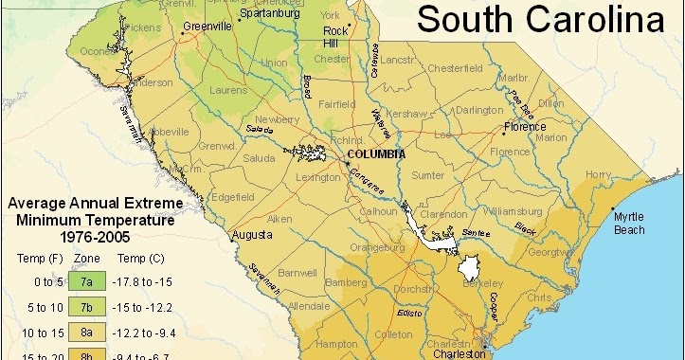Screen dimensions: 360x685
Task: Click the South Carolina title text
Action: pos(541,18)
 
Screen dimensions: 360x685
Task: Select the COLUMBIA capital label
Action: pos(376,153)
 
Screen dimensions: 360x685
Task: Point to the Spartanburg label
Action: pos(270,14)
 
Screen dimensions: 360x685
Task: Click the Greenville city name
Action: pos(207,27)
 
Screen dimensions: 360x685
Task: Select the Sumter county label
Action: pos(428,175)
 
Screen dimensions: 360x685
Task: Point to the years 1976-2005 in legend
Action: pos(82,237)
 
